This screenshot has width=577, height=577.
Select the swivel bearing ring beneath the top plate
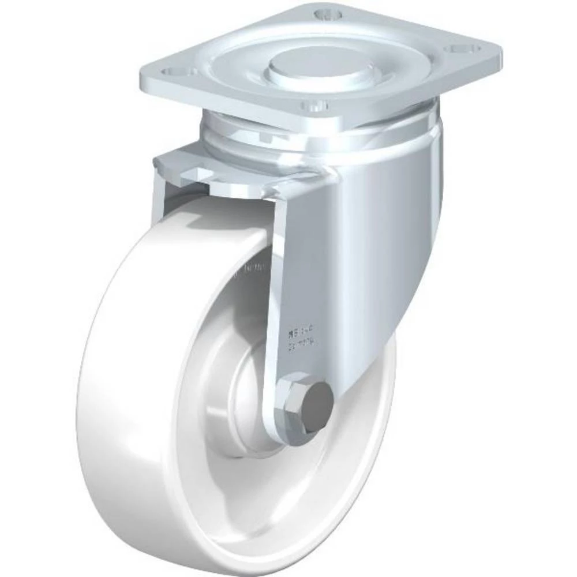click(323, 138)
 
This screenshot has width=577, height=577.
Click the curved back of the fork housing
click(398, 231)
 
